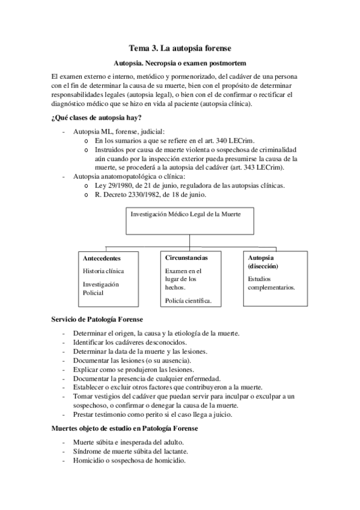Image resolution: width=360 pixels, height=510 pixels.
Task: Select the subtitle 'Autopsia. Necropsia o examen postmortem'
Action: click(180, 63)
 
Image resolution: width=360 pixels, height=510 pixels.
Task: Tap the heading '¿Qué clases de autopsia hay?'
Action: click(97, 117)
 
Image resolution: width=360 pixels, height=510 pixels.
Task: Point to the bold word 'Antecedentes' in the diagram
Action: click(102, 258)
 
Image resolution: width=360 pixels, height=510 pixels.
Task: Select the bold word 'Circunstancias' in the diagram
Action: click(186, 257)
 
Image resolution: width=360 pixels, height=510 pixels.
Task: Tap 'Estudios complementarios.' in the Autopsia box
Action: click(271, 283)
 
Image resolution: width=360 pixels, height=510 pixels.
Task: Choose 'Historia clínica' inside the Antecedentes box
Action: click(103, 271)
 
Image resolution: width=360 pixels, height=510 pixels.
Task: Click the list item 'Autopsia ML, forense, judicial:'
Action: click(118, 131)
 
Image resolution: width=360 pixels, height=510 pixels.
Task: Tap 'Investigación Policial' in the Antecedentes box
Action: click(101, 288)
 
